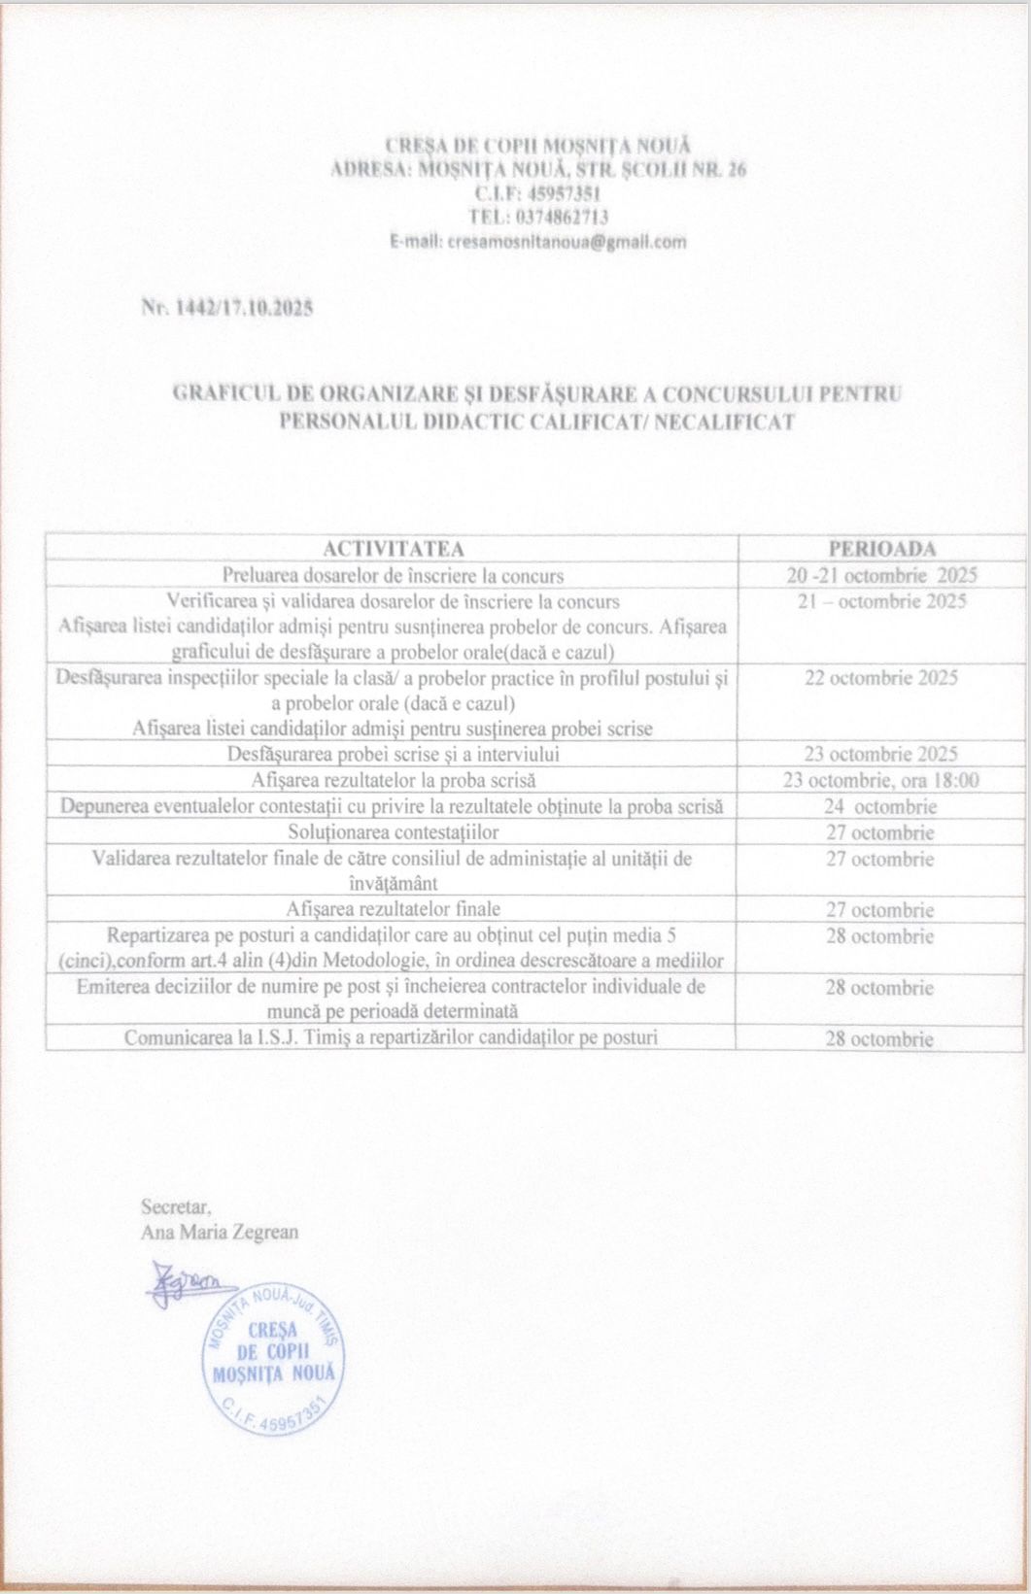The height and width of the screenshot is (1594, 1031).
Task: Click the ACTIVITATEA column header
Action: pyautogui.click(x=393, y=548)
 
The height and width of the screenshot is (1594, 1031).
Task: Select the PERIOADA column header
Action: pyautogui.click(x=881, y=548)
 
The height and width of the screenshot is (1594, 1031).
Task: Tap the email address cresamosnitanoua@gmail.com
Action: pyautogui.click(x=537, y=241)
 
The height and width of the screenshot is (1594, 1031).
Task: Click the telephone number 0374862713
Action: pyautogui.click(x=537, y=216)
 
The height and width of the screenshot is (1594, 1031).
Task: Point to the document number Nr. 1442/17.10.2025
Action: pyautogui.click(x=227, y=309)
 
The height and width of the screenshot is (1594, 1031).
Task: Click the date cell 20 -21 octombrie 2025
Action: pyautogui.click(x=881, y=574)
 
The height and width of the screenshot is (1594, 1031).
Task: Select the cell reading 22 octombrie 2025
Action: pyautogui.click(x=881, y=678)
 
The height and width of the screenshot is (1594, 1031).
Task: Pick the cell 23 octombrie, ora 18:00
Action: pyautogui.click(x=881, y=780)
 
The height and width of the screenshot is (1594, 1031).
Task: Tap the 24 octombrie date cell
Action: pyautogui.click(x=881, y=806)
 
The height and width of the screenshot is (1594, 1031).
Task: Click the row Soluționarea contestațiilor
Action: pyautogui.click(x=393, y=832)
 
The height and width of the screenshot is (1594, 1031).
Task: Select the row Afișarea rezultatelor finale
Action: pyautogui.click(x=393, y=909)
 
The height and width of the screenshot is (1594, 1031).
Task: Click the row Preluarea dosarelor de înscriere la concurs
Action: pyautogui.click(x=393, y=574)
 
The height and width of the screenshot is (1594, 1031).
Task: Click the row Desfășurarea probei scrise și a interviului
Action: pyautogui.click(x=393, y=754)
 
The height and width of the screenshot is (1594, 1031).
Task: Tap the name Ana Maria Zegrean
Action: pyautogui.click(x=220, y=1232)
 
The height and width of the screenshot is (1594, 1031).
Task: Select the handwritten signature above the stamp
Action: pyautogui.click(x=187, y=1282)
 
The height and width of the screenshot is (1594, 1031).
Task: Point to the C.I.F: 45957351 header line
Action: pyautogui.click(x=537, y=192)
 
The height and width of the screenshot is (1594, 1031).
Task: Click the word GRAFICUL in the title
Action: pyautogui.click(x=223, y=394)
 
